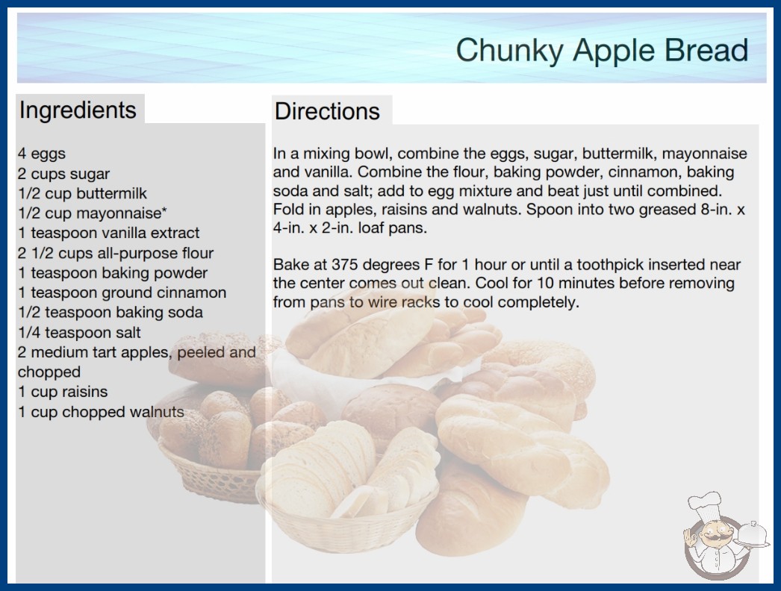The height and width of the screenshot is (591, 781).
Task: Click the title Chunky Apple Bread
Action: (602, 51)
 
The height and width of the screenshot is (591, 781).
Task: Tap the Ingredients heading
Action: (78, 110)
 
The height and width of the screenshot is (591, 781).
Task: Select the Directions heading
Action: (327, 111)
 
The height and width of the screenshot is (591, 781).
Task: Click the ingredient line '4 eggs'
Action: (42, 154)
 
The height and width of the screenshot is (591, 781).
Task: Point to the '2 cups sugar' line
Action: (63, 174)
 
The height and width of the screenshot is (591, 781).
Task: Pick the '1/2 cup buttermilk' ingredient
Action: (83, 193)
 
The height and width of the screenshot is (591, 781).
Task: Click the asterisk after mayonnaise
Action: (164, 210)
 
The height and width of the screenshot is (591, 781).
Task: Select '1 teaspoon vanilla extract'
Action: (108, 233)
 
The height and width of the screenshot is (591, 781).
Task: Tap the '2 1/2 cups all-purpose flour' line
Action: (116, 253)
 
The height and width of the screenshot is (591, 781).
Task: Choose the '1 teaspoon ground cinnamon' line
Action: (122, 293)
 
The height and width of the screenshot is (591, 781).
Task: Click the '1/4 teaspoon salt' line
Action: (79, 332)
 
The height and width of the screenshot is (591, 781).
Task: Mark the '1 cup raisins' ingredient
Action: (63, 392)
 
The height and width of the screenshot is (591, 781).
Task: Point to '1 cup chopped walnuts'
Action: (101, 412)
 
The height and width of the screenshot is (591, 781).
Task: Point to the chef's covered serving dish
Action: (753, 534)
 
